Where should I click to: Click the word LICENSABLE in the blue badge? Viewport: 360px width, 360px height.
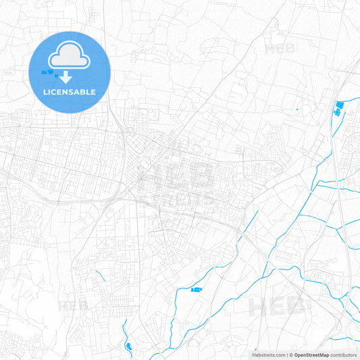click(70, 92)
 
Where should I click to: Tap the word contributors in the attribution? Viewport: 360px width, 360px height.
click(344, 355)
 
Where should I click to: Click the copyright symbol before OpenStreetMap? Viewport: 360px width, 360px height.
click(290, 355)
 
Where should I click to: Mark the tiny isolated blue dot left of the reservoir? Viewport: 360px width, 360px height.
click(297, 109)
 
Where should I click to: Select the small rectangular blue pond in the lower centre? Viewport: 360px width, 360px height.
click(196, 290)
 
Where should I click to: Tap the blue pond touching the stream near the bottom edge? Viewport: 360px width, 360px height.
click(128, 346)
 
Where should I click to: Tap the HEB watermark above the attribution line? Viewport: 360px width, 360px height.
click(276, 307)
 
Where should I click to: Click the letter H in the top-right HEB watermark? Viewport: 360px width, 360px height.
click(269, 49)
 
